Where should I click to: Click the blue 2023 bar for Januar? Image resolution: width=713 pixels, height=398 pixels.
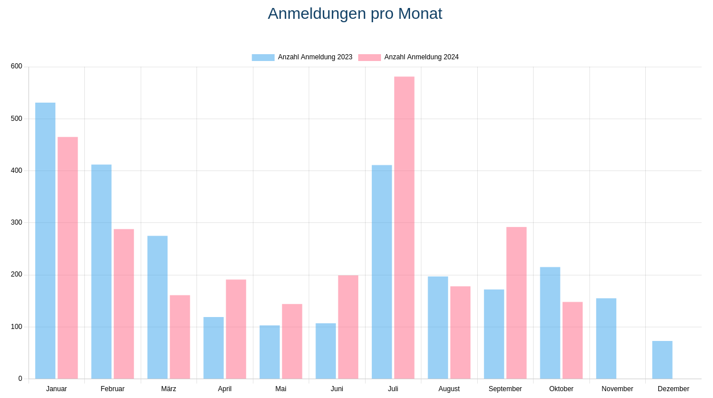tap(45, 241)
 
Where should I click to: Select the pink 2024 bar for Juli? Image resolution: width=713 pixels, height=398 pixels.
tap(404, 228)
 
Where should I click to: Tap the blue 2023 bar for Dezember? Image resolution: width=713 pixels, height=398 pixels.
tap(662, 360)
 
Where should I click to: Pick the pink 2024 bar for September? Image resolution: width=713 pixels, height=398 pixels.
tap(517, 303)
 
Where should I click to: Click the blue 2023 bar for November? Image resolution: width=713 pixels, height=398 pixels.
tap(606, 339)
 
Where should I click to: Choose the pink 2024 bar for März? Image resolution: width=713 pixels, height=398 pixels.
tap(180, 337)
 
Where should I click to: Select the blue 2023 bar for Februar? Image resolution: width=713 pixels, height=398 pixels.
tap(101, 271)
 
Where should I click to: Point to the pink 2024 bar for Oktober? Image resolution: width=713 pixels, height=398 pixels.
tap(572, 340)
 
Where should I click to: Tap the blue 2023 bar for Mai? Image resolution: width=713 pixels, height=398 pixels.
tap(269, 352)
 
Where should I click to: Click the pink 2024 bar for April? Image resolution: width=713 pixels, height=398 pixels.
tap(236, 329)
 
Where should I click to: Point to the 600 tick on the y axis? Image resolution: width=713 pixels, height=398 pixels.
tap(17, 66)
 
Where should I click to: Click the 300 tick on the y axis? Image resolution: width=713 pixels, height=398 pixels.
tap(17, 222)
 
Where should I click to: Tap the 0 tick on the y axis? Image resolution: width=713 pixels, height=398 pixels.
tap(20, 379)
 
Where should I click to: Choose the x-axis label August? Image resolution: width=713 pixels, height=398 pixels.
tap(449, 389)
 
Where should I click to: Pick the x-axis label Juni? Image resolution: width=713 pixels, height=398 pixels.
tap(337, 389)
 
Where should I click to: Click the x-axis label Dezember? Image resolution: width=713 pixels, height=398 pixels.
tap(673, 389)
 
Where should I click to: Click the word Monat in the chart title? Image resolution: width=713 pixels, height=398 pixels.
tap(420, 14)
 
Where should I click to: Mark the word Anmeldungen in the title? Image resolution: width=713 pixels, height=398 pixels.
tap(317, 14)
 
